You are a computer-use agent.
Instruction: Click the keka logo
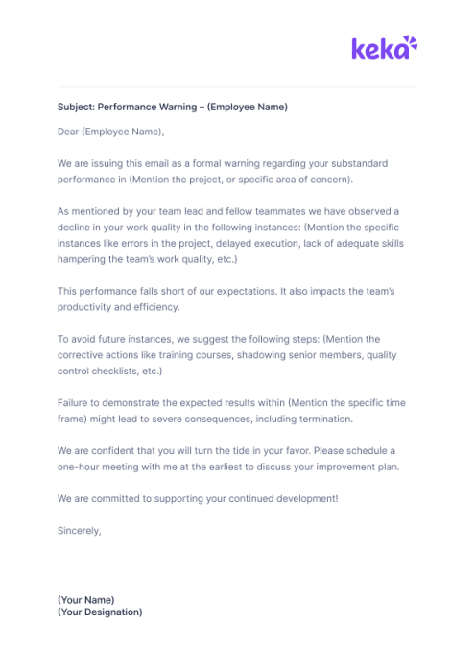point(384,47)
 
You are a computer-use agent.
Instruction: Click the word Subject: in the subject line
point(76,107)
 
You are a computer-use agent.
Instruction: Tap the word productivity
point(86,307)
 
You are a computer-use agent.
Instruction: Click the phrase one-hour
point(80,467)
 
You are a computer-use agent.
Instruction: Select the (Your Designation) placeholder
point(100,612)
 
